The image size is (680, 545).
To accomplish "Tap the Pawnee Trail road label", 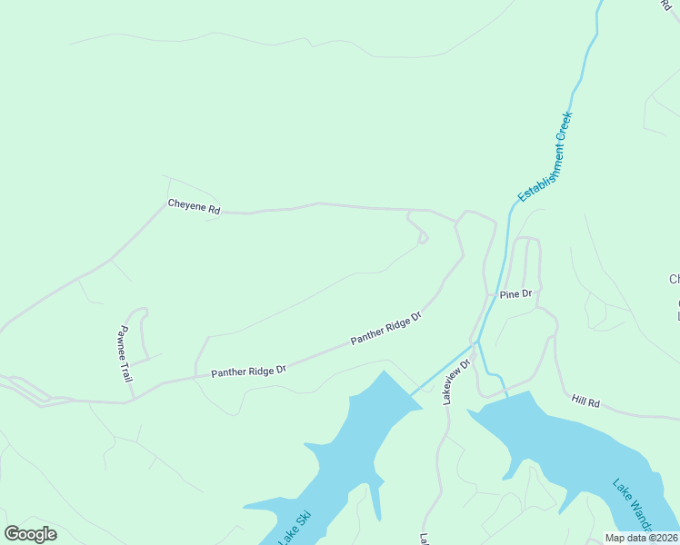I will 125,353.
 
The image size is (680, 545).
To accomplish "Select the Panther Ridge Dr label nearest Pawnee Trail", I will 248,372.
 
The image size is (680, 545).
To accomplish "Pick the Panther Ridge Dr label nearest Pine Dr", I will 387,328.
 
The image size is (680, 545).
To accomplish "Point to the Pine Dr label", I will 514,295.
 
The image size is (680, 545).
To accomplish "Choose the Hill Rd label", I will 585,401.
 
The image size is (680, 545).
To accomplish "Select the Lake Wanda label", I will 633,507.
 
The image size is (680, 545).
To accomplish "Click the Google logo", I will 30,534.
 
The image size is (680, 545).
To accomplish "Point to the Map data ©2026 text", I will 641,538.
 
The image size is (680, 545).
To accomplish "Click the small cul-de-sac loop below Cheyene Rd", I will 422,239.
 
